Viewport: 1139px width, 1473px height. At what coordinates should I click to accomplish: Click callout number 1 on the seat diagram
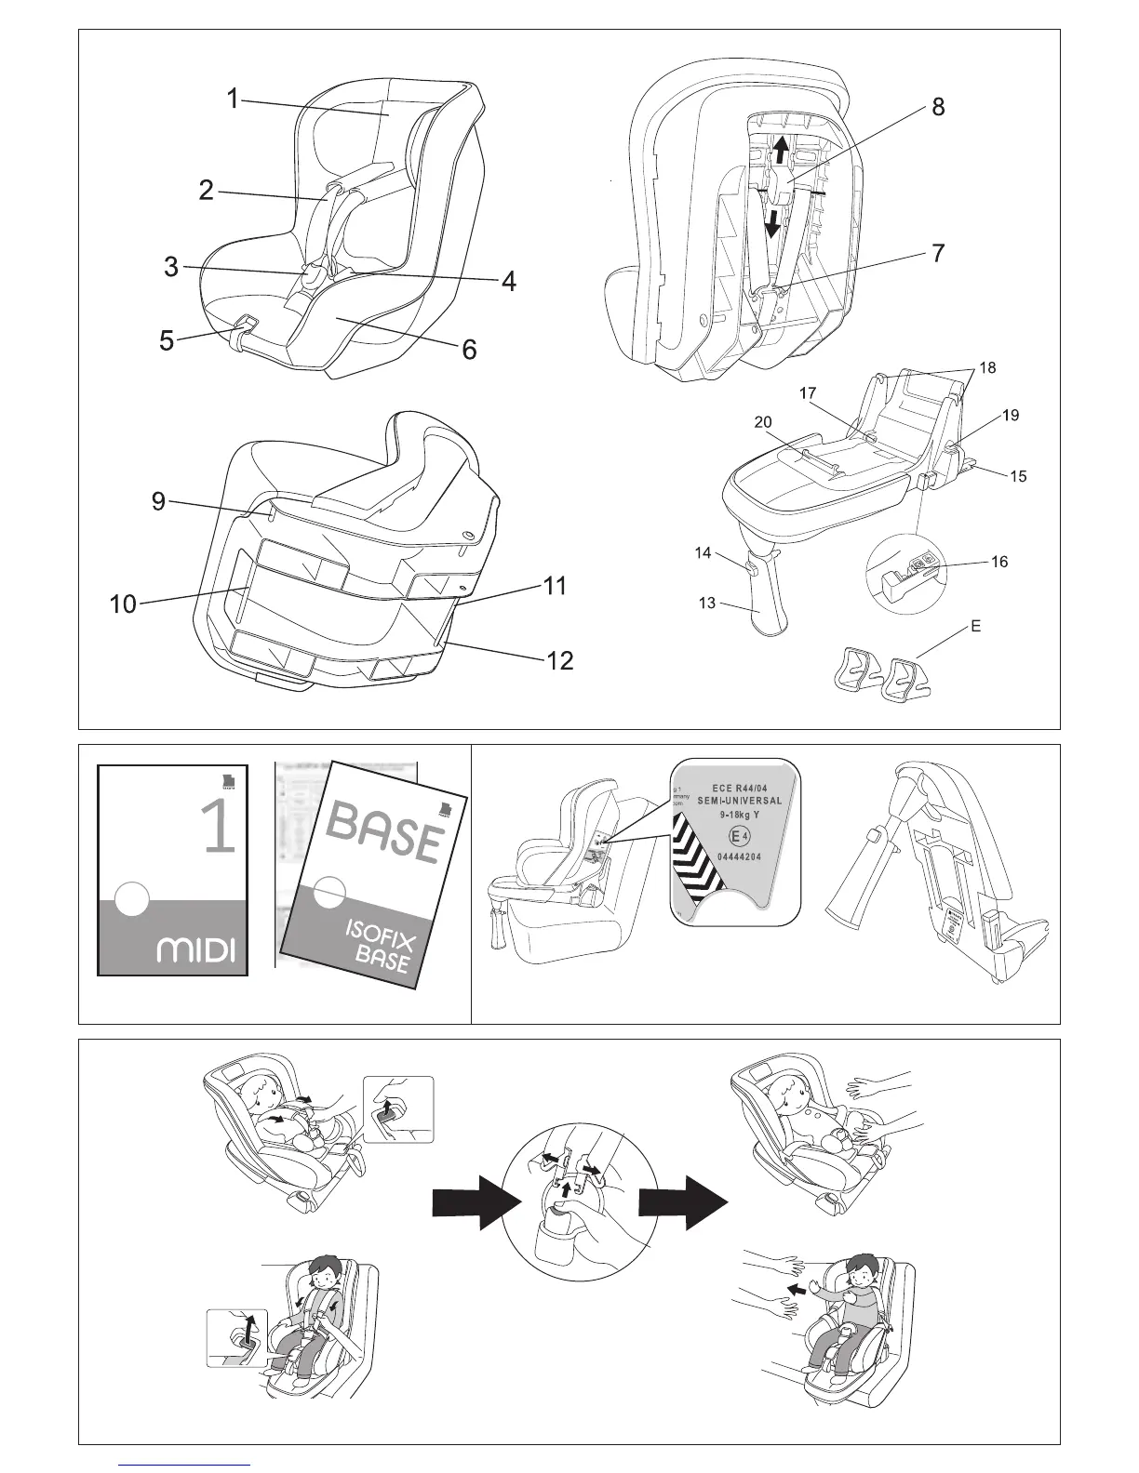click(x=233, y=99)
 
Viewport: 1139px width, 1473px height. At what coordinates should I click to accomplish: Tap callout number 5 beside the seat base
click(x=167, y=341)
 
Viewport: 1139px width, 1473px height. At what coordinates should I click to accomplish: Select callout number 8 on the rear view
click(x=938, y=108)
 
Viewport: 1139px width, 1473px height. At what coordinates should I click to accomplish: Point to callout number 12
click(x=559, y=661)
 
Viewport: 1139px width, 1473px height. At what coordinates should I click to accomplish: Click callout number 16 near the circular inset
click(x=999, y=562)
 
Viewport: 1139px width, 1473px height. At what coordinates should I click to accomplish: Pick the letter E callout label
click(x=975, y=627)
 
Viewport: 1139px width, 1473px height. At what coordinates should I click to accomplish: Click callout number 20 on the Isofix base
click(x=763, y=422)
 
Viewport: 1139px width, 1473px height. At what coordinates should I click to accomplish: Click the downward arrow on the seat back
click(x=772, y=222)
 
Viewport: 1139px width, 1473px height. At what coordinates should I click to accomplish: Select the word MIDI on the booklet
click(x=196, y=950)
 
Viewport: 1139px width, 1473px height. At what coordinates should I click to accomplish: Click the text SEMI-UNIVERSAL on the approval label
click(x=740, y=801)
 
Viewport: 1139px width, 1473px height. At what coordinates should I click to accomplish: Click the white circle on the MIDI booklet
click(x=132, y=899)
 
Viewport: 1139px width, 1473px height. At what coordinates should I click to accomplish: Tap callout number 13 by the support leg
click(x=707, y=604)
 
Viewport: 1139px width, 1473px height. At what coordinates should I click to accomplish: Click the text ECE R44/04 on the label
click(x=739, y=788)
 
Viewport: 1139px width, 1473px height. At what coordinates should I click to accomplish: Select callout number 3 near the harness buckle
click(x=170, y=268)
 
